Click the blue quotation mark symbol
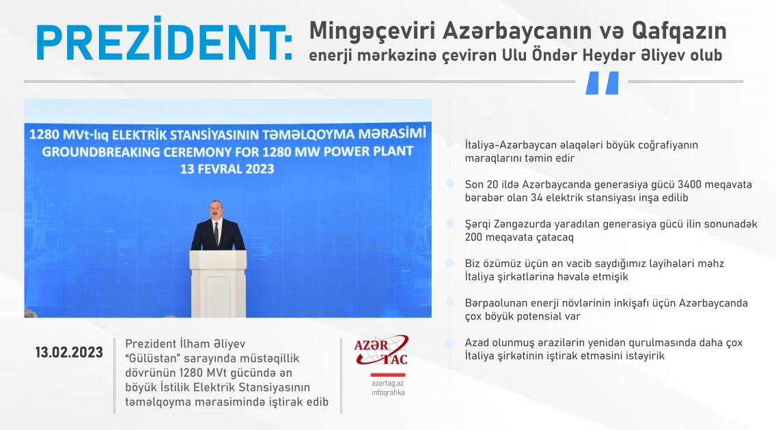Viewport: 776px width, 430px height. [602, 83]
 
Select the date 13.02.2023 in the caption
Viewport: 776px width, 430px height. [70, 353]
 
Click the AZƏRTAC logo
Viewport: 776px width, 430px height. [381, 352]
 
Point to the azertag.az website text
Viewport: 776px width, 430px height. [388, 384]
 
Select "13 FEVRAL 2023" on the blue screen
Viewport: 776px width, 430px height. [226, 169]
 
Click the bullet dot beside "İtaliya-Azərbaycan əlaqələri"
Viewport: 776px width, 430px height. [449, 144]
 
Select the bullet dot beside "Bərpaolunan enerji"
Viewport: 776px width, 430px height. [449, 302]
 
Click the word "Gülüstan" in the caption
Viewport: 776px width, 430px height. [154, 358]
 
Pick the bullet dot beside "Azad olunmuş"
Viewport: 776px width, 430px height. [449, 341]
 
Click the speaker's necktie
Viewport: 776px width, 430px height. [217, 234]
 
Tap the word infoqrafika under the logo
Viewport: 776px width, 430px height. [388, 393]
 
